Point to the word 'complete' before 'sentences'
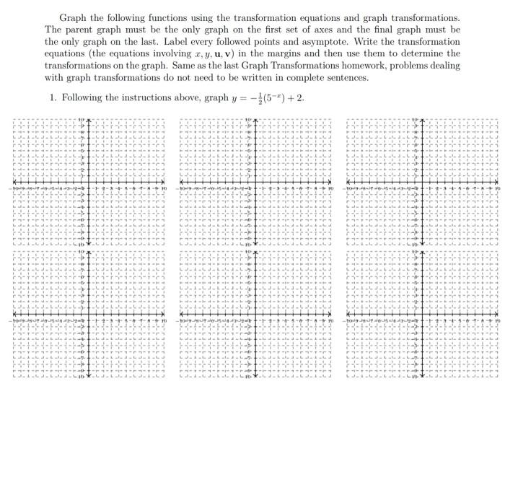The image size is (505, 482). pyautogui.click(x=305, y=77)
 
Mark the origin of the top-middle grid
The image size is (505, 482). pyautogui.click(x=255, y=183)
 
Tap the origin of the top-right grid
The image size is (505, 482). pyautogui.click(x=422, y=183)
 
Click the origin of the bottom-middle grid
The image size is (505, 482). pyautogui.click(x=255, y=315)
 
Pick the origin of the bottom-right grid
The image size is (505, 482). pyautogui.click(x=422, y=315)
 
